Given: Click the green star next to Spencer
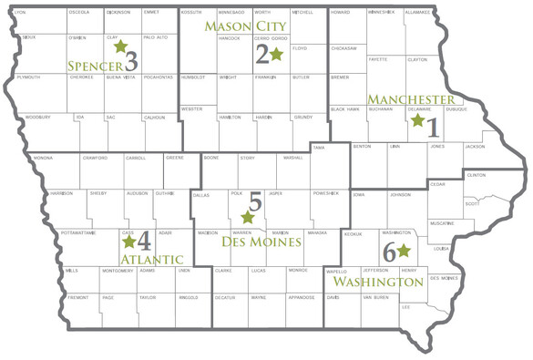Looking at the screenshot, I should (x=119, y=46).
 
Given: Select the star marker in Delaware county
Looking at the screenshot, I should (x=417, y=119).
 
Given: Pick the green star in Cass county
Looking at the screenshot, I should (x=128, y=242).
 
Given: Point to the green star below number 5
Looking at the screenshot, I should (x=247, y=218).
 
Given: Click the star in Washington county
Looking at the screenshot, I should (x=404, y=249).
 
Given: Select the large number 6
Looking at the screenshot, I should (x=389, y=253).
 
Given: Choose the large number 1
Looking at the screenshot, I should (x=432, y=126).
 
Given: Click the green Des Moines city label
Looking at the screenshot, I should (x=261, y=242).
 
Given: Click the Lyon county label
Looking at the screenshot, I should (x=21, y=13).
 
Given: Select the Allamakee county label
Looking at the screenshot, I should (x=418, y=13).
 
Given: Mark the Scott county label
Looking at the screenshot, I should (x=471, y=203).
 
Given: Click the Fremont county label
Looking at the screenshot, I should (x=77, y=297).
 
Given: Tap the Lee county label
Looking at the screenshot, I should (x=405, y=307).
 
